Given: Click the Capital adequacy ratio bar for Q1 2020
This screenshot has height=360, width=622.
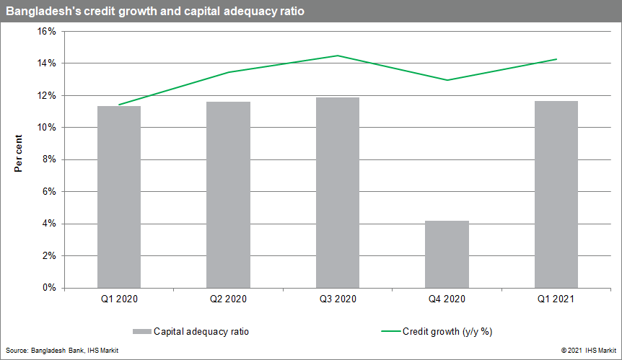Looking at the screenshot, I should point(119,196).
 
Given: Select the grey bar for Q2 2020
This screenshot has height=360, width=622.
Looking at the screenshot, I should point(228,194).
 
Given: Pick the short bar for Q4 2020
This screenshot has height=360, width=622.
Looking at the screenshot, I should point(447,254).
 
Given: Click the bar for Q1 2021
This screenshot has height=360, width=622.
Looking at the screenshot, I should point(556,194).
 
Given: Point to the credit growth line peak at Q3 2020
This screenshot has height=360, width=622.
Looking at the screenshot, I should point(338,56).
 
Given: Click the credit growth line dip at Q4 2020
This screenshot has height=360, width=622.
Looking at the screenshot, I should point(447,80).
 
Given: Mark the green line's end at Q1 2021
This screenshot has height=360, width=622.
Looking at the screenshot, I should point(556,59).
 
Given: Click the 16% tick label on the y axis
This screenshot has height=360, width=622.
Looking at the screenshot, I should point(47,32).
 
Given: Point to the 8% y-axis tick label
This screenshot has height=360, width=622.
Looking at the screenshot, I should point(49,159).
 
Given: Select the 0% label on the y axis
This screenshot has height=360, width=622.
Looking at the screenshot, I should point(49,288).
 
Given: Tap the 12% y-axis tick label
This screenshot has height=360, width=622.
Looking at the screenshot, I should point(47,96).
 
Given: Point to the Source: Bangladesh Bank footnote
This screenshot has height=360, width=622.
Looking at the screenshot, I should point(62,350).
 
